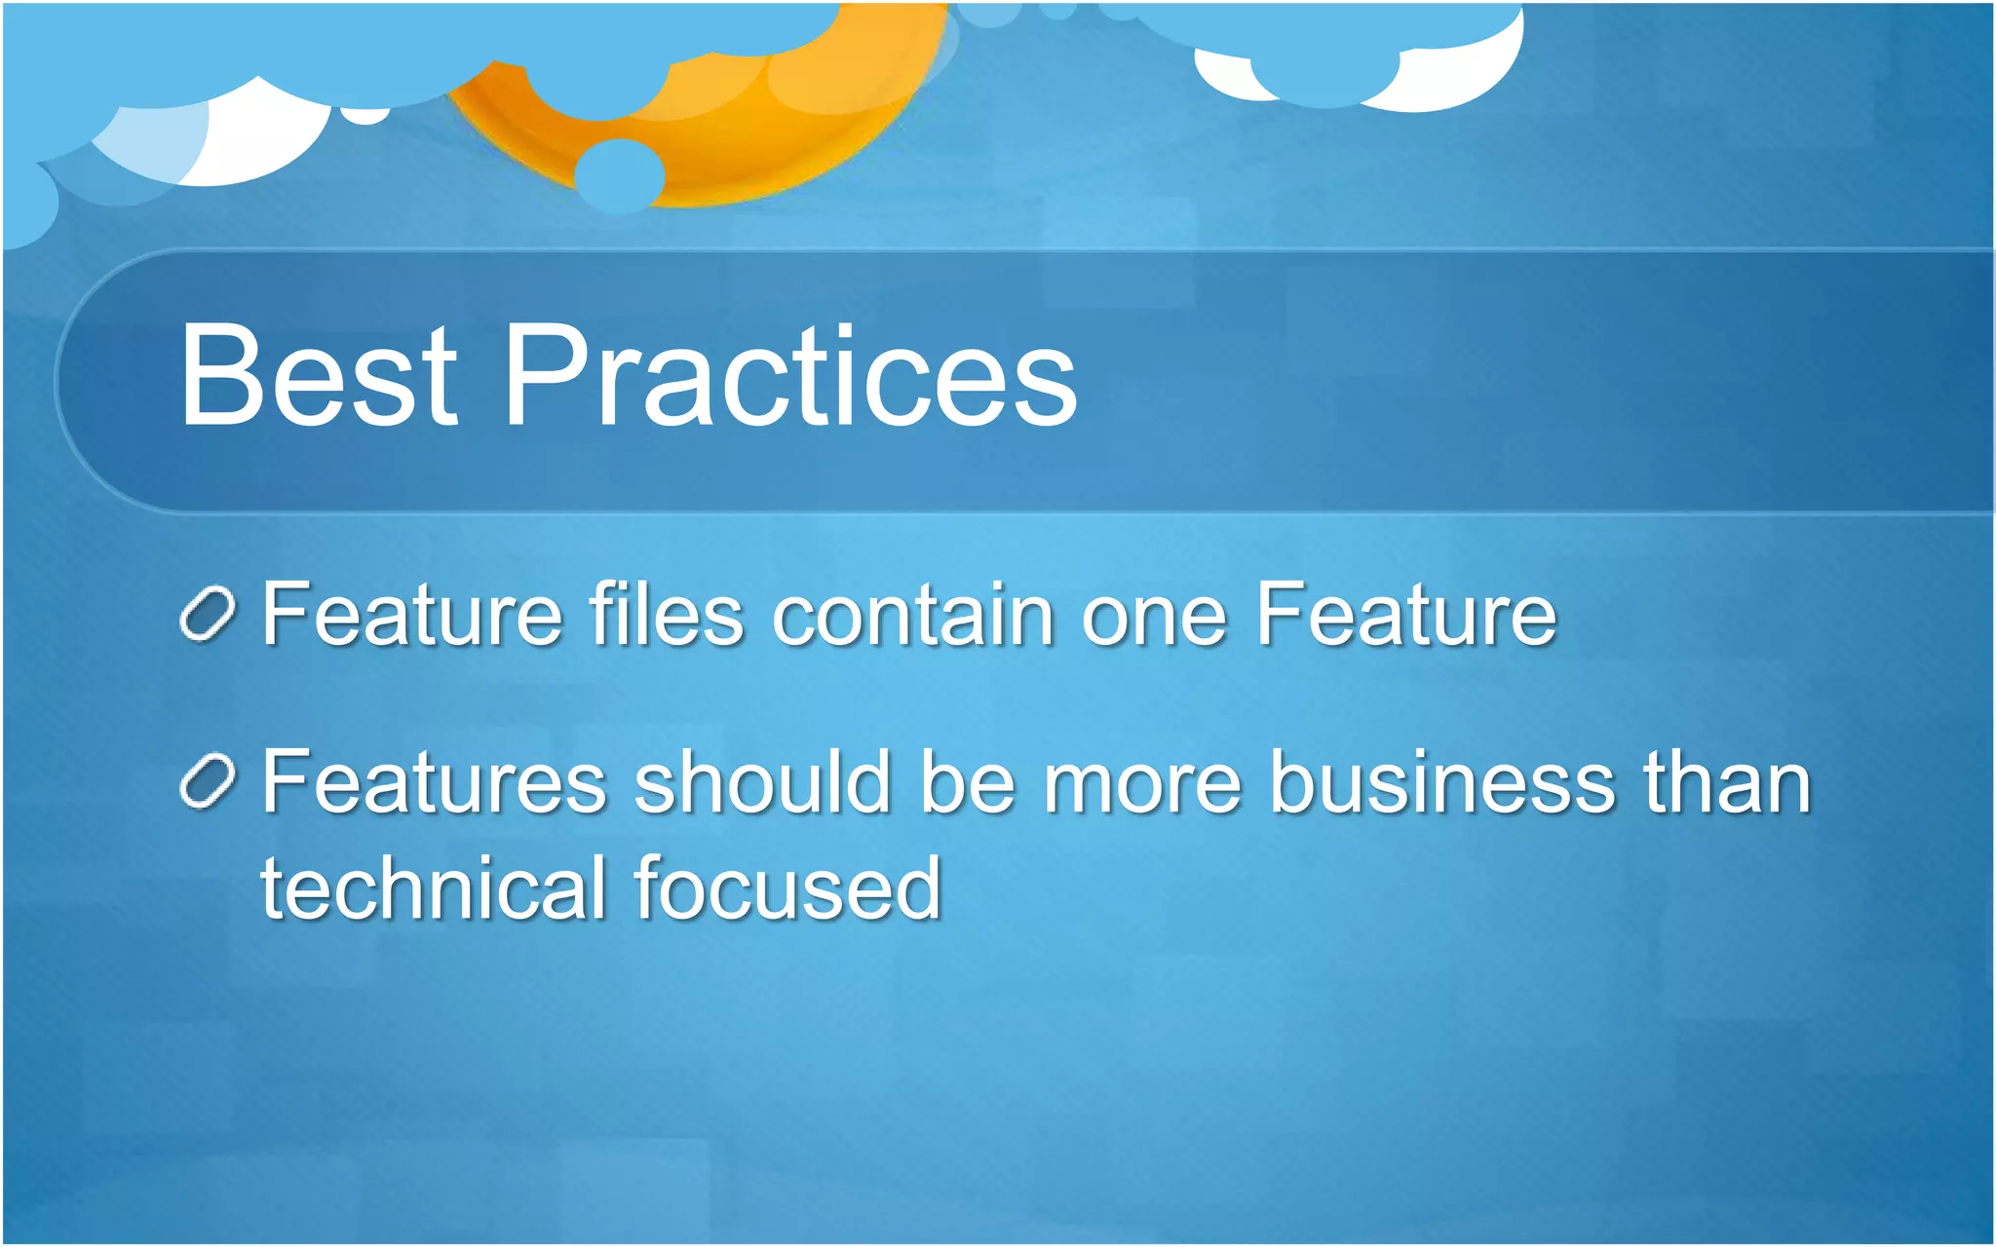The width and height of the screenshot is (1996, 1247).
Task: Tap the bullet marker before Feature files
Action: tap(208, 615)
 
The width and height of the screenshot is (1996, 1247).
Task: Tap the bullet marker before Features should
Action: tap(208, 781)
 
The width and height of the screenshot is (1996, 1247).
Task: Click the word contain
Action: tap(913, 615)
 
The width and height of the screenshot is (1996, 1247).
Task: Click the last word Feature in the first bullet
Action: tap(1405, 615)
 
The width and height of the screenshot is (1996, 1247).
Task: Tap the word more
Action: tap(1142, 785)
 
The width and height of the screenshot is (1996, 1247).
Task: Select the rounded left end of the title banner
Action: tap(88, 380)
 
